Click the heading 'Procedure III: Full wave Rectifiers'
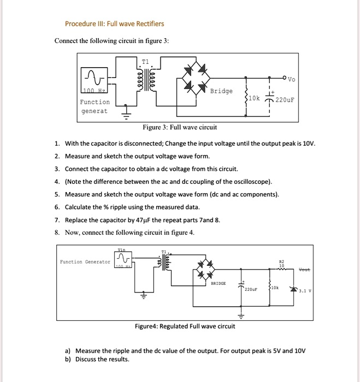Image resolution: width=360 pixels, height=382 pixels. (x=114, y=24)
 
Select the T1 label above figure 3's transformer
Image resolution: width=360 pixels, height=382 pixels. (x=145, y=61)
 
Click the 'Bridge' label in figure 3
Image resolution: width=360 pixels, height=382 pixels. (x=221, y=91)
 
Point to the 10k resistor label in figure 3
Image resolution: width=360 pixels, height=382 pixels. (x=255, y=98)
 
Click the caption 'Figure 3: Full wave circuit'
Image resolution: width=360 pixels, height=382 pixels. (x=179, y=127)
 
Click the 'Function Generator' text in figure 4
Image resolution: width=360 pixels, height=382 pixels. (x=85, y=262)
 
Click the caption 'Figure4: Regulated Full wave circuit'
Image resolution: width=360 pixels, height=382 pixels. (x=185, y=326)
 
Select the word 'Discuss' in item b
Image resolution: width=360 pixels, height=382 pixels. (x=87, y=359)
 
